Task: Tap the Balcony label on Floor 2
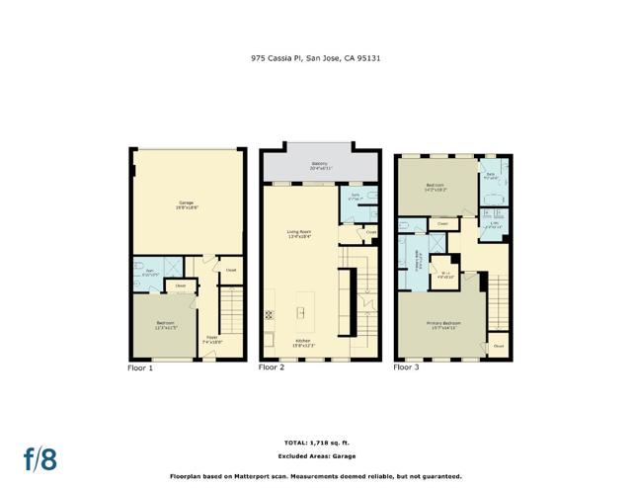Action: (x=320, y=166)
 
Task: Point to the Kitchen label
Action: (x=302, y=342)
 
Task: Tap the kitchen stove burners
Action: (x=269, y=316)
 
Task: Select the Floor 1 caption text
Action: (x=141, y=366)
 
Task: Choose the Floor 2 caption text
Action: (x=272, y=366)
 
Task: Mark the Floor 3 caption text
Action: (x=406, y=366)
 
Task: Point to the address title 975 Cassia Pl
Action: (x=315, y=58)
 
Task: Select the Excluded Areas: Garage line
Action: (x=316, y=455)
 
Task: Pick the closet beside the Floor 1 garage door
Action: (x=230, y=270)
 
